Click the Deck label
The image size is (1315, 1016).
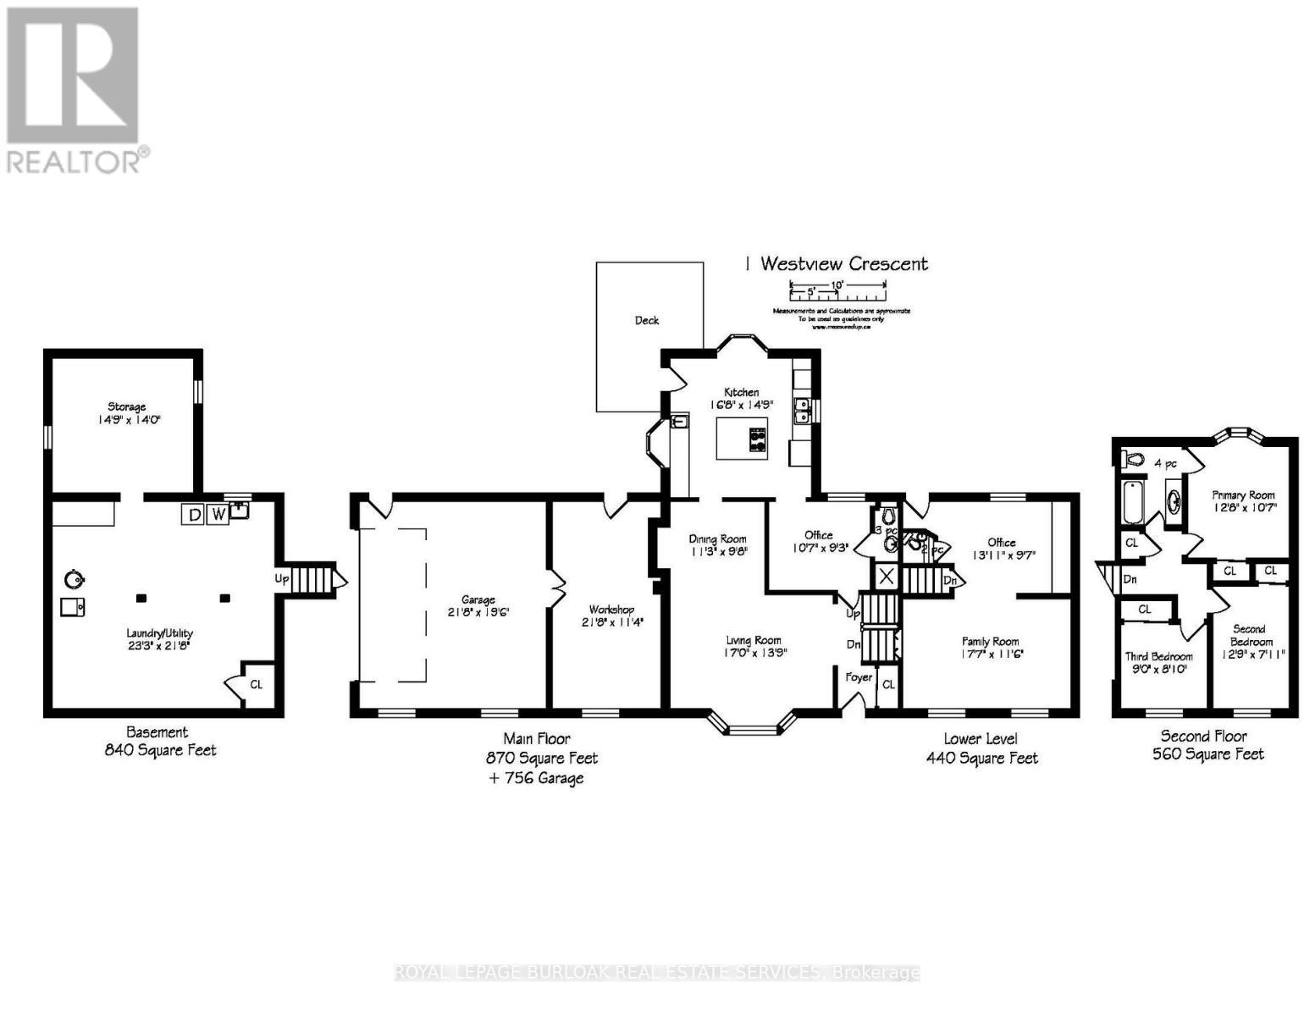point(647,320)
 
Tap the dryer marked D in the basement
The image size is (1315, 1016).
point(194,514)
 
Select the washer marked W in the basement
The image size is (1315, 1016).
point(218,514)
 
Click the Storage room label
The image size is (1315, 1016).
point(126,406)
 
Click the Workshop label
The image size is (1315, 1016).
point(611,609)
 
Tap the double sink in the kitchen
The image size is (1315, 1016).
point(801,411)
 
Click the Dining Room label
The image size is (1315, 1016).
point(717,538)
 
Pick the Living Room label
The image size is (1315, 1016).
point(753,640)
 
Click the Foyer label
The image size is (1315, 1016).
point(858,676)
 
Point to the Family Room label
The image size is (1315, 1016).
point(990,642)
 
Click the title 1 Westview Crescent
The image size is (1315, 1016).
point(836,263)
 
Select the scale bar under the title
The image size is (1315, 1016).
point(837,293)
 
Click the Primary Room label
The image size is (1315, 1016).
point(1243,495)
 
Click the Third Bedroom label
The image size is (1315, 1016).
point(1158,656)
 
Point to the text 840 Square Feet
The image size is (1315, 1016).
point(160,750)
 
